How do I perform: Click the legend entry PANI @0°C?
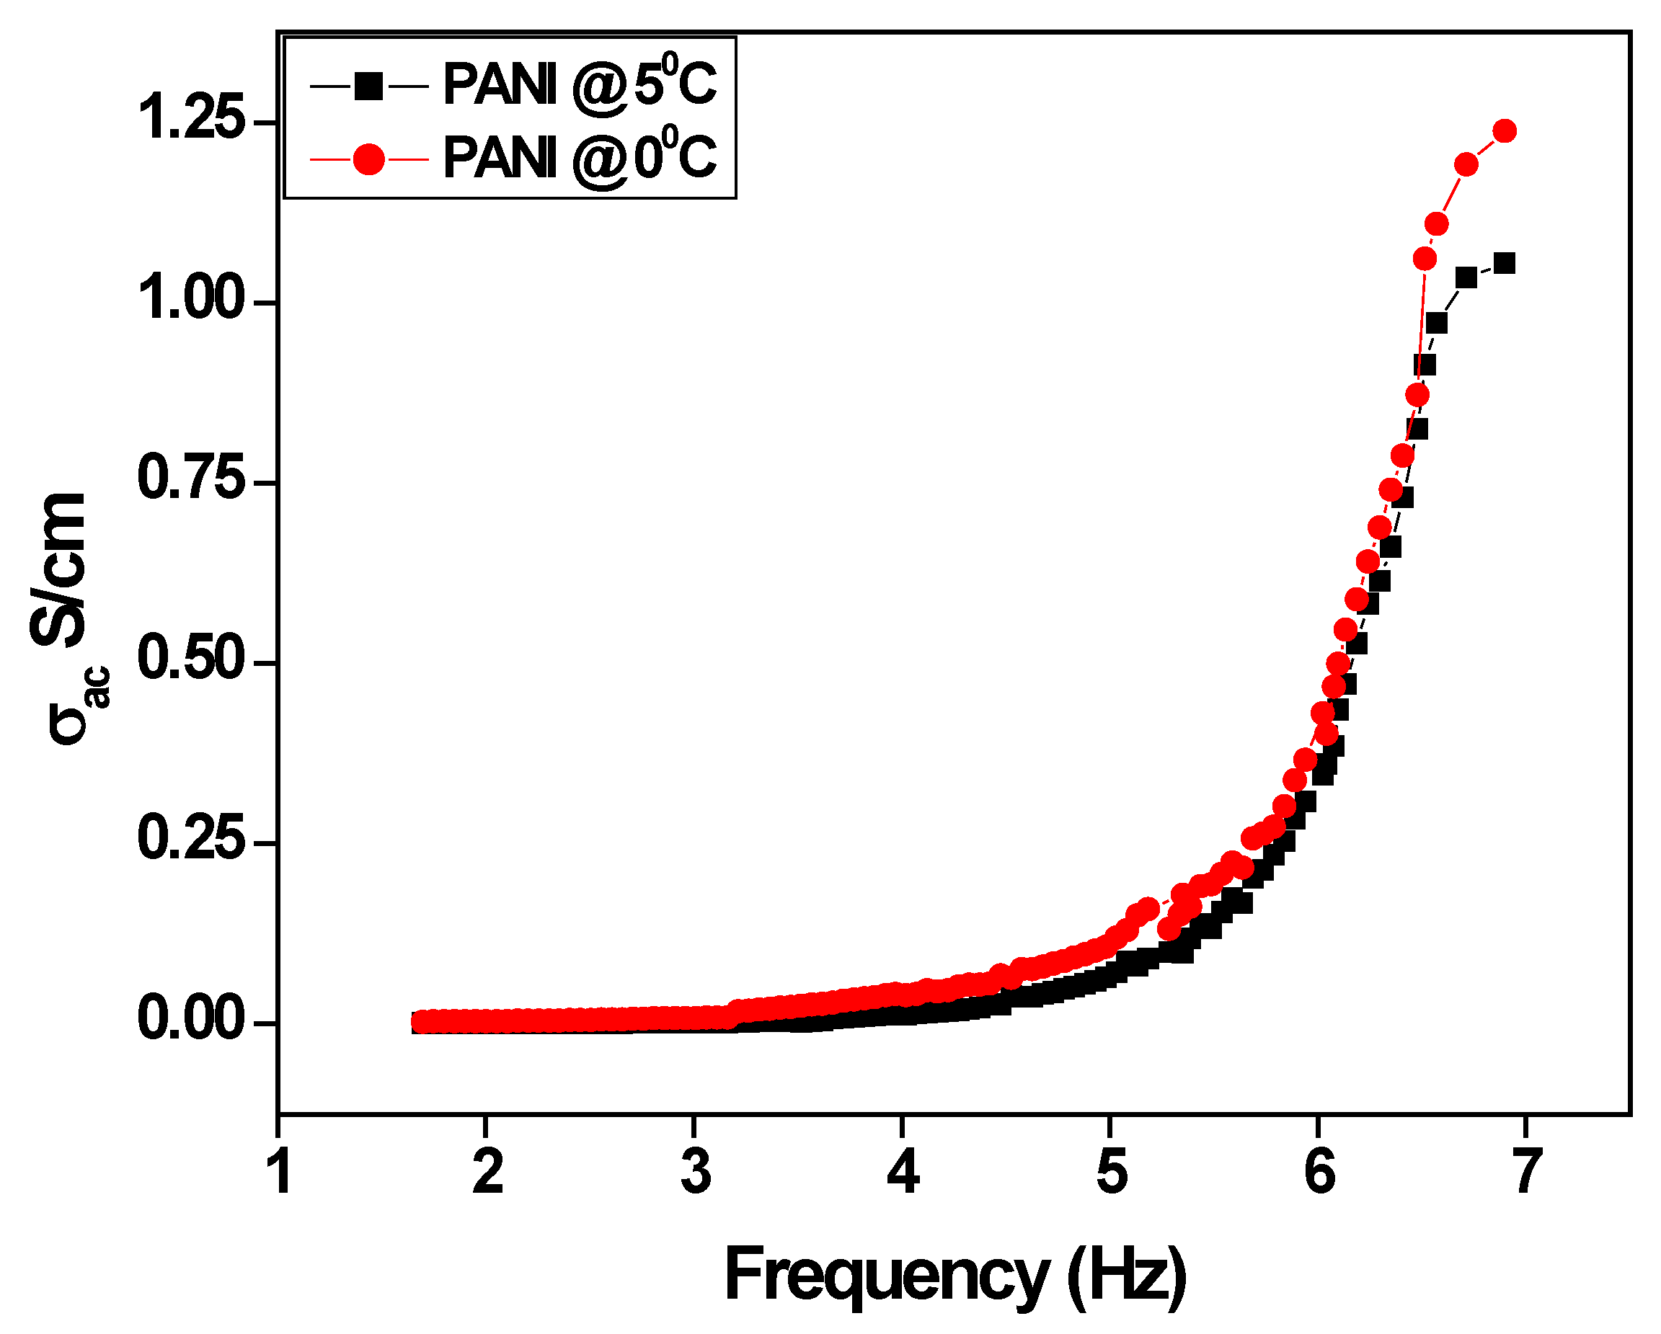tap(580, 157)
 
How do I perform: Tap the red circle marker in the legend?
tap(369, 159)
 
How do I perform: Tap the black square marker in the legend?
tap(369, 86)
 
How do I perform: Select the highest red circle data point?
tap(1505, 131)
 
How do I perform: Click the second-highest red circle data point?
tap(1466, 164)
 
